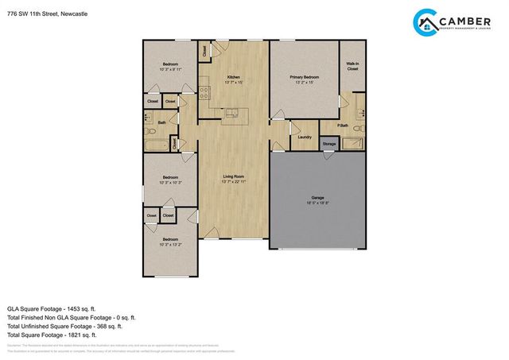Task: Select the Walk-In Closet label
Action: pyautogui.click(x=352, y=66)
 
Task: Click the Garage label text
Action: pyautogui.click(x=317, y=199)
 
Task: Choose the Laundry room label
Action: pyautogui.click(x=303, y=137)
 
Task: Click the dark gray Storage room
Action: pyautogui.click(x=328, y=143)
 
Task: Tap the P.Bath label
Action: pyautogui.click(x=344, y=126)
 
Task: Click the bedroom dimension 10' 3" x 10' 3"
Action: pyautogui.click(x=170, y=182)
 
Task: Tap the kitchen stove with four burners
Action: pyautogui.click(x=204, y=90)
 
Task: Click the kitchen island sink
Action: pyautogui.click(x=233, y=112)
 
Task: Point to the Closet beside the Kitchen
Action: pyautogui.click(x=205, y=50)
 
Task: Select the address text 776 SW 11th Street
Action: pyautogui.click(x=48, y=13)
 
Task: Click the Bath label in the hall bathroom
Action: pyautogui.click(x=161, y=122)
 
